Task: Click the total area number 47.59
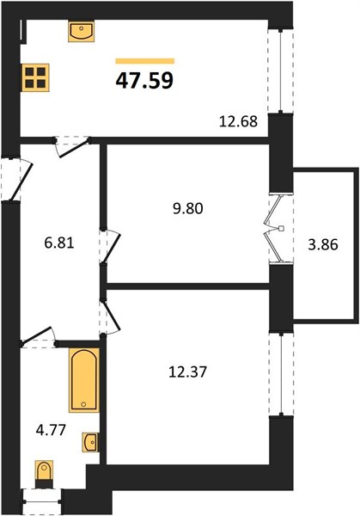[144, 81]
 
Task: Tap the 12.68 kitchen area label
[238, 121]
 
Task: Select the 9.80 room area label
[188, 208]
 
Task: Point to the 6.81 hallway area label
[59, 243]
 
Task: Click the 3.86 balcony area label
[323, 245]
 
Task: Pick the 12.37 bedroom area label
[187, 372]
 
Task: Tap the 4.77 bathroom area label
[51, 430]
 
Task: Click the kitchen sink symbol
[82, 31]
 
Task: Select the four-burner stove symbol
[35, 77]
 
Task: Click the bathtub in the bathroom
[84, 380]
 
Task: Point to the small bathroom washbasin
[90, 442]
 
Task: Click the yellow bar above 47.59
[144, 61]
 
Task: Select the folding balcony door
[275, 229]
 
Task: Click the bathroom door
[38, 336]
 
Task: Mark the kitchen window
[280, 71]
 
